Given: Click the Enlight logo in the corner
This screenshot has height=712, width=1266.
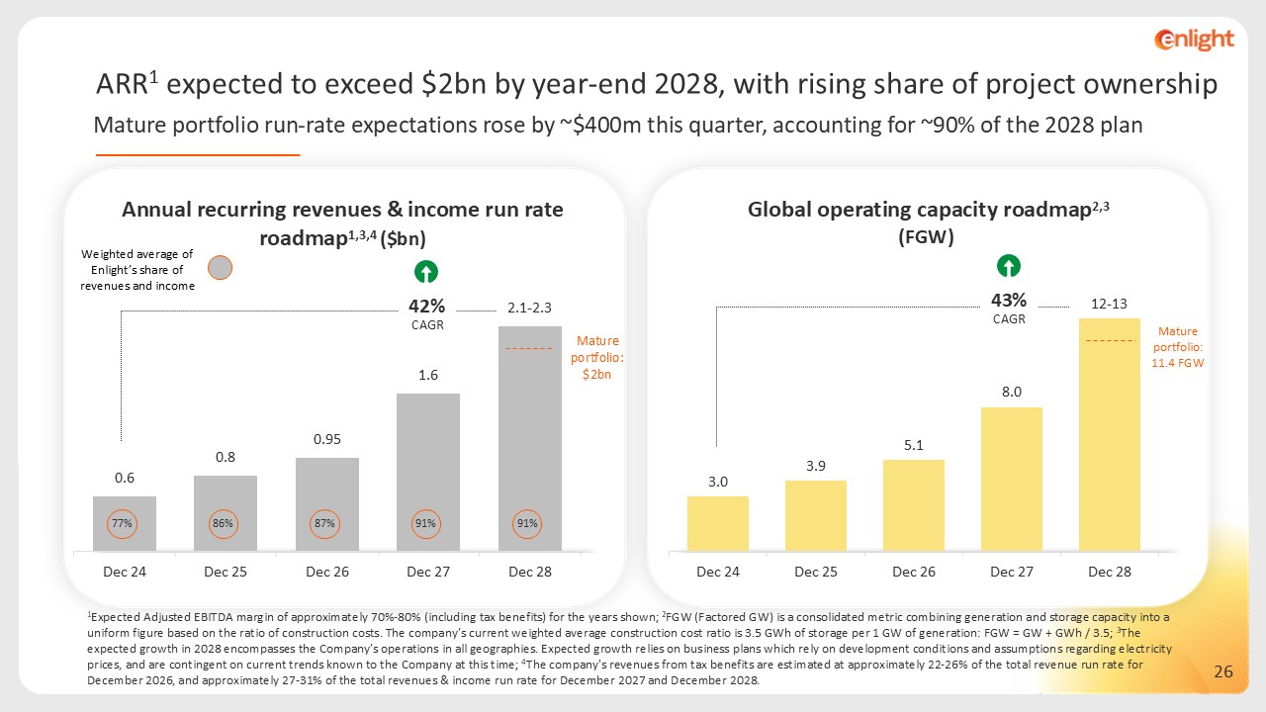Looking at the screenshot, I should tap(1194, 40).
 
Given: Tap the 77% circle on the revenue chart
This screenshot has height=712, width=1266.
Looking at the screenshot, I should tap(124, 523).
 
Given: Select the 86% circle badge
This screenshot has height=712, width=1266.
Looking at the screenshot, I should tap(225, 523).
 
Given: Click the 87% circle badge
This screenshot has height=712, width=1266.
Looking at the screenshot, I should tap(325, 523).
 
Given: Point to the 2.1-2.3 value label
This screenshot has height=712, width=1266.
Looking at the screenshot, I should tap(529, 310).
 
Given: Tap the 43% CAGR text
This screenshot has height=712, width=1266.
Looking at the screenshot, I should tap(1009, 307).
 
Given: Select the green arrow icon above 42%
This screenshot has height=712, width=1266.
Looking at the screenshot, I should tap(426, 272).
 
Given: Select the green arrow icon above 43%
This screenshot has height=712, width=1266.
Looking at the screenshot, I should tap(1009, 265).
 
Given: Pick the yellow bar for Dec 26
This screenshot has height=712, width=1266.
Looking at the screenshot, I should tap(913, 504).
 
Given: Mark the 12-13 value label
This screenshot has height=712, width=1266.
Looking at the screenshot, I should tap(1110, 303).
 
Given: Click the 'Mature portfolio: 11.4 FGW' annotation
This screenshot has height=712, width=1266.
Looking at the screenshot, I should tap(1178, 348).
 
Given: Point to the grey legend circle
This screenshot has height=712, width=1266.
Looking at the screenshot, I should tap(222, 268).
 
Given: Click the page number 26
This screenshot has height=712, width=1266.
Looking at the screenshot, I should tap(1222, 672).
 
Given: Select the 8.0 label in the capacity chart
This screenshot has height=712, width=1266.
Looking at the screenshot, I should tap(1011, 392).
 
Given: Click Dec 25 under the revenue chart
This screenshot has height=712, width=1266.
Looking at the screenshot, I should tap(226, 572).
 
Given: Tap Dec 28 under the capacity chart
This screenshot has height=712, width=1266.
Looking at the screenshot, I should tap(1109, 572).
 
